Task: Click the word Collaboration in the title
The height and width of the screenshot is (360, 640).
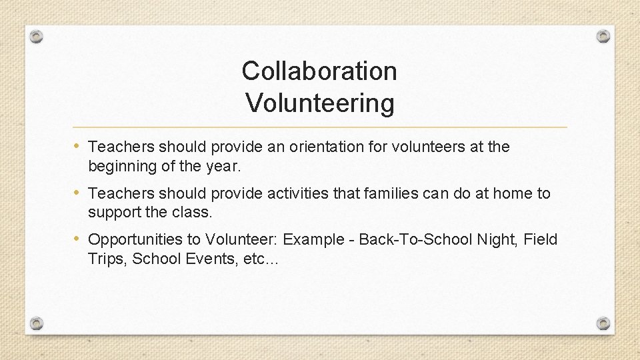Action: coord(319,71)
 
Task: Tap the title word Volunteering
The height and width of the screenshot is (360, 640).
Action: coord(319,103)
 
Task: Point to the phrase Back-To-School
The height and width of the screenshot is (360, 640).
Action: coord(415,239)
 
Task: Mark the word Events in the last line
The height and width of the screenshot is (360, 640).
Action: coord(215,259)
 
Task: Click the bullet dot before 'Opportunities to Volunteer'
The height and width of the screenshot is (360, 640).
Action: coord(79,239)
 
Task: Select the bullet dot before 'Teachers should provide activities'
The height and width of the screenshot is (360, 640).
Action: coord(79,193)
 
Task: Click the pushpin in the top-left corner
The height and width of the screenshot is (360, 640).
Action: coord(37,36)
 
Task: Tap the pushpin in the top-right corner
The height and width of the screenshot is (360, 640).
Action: coord(603,36)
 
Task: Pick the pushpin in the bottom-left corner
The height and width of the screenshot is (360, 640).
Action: coord(37,323)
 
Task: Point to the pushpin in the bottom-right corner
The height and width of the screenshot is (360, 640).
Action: coord(603,323)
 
